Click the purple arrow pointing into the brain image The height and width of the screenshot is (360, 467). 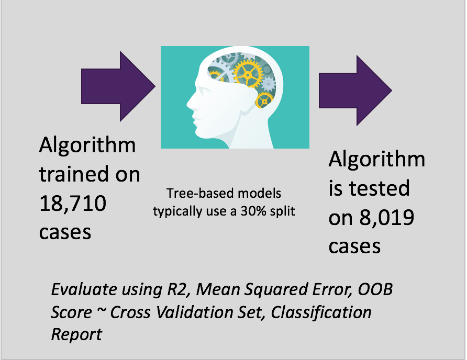(118, 86)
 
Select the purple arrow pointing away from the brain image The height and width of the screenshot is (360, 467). (355, 90)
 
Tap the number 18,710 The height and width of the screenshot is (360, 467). (73, 204)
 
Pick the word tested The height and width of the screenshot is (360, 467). (379, 188)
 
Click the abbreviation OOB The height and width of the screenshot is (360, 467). (375, 289)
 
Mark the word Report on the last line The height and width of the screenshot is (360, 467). (76, 334)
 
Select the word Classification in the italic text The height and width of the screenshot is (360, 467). (321, 312)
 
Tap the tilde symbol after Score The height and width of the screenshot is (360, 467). (101, 311)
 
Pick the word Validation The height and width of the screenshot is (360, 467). (194, 312)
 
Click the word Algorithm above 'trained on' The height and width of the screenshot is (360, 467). (87, 146)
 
